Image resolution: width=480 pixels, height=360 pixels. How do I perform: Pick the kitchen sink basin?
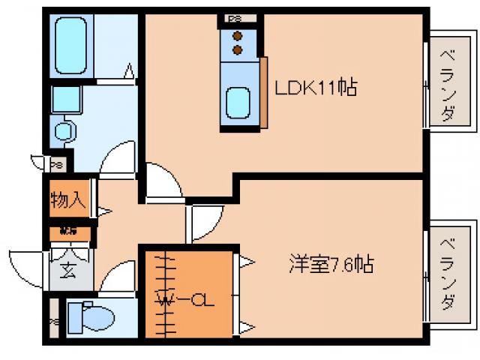pyautogui.click(x=238, y=103)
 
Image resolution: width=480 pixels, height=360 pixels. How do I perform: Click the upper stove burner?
pyautogui.click(x=238, y=35)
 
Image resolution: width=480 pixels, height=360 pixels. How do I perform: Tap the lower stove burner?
pyautogui.click(x=238, y=49)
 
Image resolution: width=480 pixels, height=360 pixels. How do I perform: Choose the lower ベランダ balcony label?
pyautogui.click(x=448, y=272)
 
